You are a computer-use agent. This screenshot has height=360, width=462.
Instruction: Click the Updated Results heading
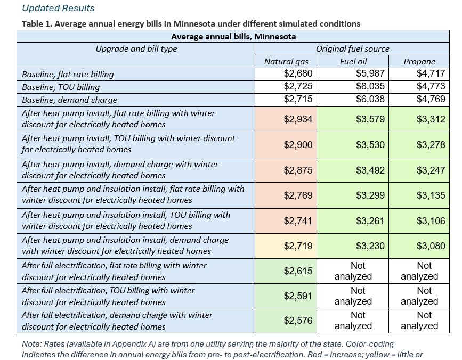coord(58,8)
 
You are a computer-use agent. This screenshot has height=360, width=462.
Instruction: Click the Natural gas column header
coord(286,62)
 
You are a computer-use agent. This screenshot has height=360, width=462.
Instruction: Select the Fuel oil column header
coord(353,62)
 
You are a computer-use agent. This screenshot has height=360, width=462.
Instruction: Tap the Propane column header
coord(419,62)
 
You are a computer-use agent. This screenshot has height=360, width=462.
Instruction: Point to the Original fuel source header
coord(352,49)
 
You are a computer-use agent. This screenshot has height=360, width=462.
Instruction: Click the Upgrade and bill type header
coord(136,49)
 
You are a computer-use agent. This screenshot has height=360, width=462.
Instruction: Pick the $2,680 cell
coord(298,73)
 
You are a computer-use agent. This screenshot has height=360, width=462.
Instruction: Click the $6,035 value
coord(370,86)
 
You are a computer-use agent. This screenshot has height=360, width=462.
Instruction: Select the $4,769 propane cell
coord(431,99)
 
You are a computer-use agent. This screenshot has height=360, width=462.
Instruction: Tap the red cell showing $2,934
coord(286,119)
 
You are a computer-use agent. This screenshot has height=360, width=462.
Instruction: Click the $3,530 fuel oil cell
coord(353,145)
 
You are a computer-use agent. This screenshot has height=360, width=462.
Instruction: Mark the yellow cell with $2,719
coord(286,246)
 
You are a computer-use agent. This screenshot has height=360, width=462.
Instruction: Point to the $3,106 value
coord(431,221)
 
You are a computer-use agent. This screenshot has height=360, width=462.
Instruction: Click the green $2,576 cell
coord(286,321)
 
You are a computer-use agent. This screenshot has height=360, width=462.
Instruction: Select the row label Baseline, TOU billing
coord(61,87)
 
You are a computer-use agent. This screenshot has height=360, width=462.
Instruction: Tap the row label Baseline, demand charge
coord(69,100)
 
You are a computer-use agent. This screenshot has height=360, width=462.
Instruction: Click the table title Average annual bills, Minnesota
coord(233,37)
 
